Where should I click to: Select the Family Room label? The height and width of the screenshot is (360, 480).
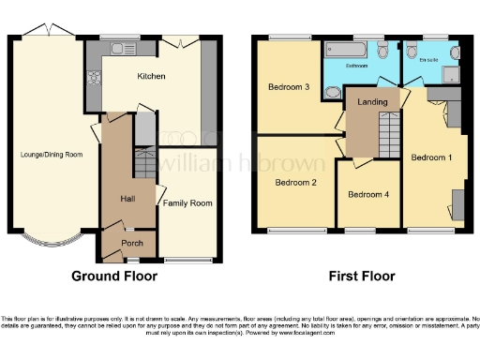pos(187,202)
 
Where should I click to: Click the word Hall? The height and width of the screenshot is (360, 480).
pos(128,199)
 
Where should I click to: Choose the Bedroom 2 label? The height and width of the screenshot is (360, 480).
pos(295,183)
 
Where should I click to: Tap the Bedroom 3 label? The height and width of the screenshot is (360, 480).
pos(289,87)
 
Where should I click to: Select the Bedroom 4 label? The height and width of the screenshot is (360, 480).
pos(367,195)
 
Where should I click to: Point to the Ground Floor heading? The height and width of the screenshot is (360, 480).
pos(114,277)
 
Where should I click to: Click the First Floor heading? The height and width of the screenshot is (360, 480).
pos(361,277)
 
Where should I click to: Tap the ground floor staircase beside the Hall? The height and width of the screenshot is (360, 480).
pos(143,161)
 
